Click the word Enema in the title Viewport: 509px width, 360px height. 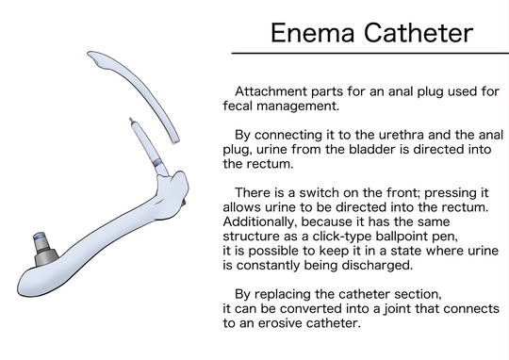312,33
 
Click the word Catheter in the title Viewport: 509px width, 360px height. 419,33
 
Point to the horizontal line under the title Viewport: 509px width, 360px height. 370,53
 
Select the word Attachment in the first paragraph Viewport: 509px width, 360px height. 271,91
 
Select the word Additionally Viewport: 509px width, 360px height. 260,221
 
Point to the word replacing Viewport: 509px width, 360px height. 283,294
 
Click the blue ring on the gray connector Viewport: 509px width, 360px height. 40,237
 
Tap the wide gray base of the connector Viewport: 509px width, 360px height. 46,256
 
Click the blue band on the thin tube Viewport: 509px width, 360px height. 158,164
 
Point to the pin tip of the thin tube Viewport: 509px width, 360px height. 130,120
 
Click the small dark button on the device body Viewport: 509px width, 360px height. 184,203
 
